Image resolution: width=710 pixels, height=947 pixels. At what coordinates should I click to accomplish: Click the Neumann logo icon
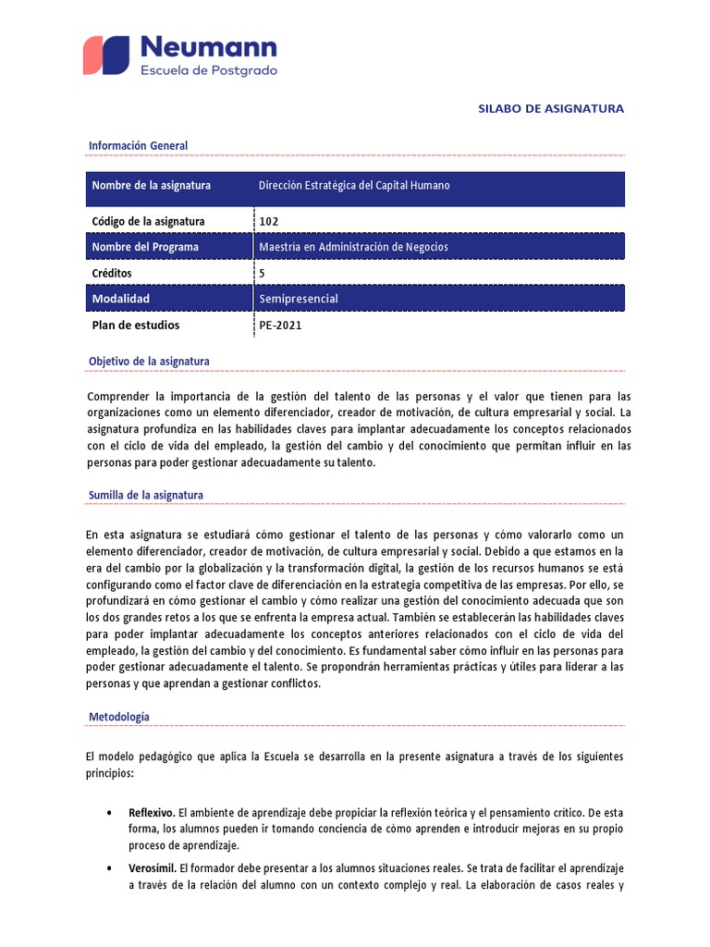(x=106, y=55)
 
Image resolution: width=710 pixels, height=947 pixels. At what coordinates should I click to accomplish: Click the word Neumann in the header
(x=208, y=47)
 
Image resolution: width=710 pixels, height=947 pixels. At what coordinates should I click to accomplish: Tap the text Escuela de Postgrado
(x=207, y=71)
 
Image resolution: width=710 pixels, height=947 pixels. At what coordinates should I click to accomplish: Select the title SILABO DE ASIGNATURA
(x=551, y=108)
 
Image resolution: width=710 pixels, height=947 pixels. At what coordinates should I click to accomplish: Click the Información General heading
(x=138, y=145)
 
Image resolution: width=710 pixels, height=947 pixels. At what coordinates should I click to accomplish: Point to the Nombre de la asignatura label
(x=151, y=186)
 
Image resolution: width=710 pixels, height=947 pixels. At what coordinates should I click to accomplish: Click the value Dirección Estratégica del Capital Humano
(x=354, y=186)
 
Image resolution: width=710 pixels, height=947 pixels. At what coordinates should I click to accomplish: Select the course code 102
(x=269, y=221)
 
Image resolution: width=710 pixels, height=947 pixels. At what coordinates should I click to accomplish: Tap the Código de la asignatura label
(x=148, y=221)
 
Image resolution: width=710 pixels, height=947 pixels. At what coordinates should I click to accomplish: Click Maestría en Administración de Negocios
(x=353, y=247)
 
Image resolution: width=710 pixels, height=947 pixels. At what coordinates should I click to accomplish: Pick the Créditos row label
(x=112, y=274)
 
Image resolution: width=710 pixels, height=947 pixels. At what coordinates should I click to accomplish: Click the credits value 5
(x=263, y=274)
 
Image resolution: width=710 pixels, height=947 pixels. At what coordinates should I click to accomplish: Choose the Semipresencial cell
(x=299, y=299)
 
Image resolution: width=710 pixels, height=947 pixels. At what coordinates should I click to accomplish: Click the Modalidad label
(x=120, y=299)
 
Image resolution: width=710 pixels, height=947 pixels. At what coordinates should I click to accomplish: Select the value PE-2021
(x=280, y=326)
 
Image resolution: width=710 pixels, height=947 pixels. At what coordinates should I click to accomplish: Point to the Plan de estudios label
(x=136, y=326)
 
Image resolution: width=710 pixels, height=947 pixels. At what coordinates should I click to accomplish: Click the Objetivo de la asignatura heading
(x=149, y=361)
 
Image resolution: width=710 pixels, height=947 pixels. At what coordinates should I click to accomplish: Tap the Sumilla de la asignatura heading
(x=146, y=495)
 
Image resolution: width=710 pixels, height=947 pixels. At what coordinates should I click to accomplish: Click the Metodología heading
(x=118, y=717)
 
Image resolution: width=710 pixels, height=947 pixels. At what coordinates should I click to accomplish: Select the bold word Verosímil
(x=153, y=868)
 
